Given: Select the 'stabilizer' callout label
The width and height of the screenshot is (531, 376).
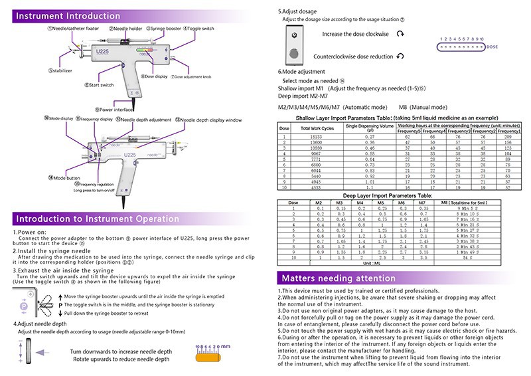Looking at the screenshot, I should pyautogui.click(x=61, y=70).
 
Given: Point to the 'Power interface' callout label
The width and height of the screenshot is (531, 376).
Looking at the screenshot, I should pyautogui.click(x=113, y=109).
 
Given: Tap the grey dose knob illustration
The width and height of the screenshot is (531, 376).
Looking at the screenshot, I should pyautogui.click(x=294, y=45).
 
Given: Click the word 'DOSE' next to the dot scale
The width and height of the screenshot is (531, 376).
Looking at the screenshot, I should pyautogui.click(x=492, y=48).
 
